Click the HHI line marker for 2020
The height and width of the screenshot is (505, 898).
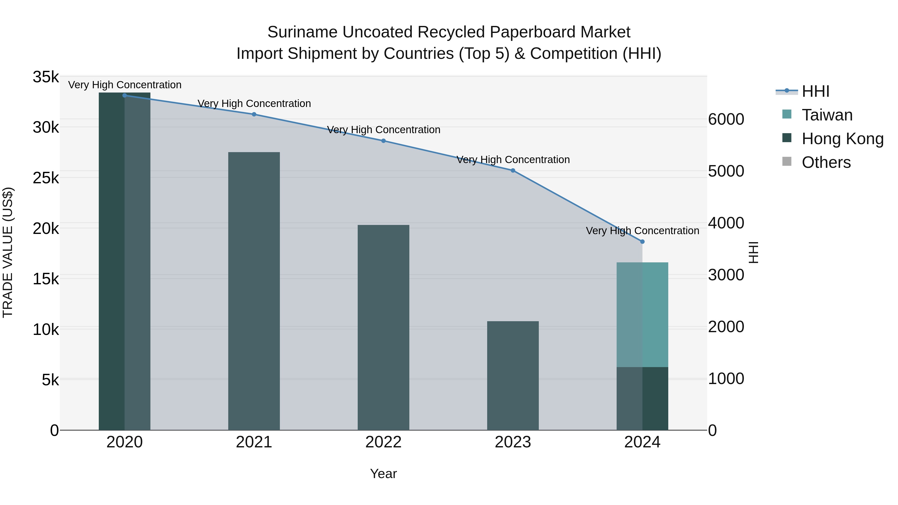(124, 96)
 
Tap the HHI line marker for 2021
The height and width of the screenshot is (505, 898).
(254, 114)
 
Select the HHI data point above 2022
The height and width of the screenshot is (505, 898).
(383, 141)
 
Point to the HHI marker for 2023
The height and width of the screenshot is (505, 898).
(513, 170)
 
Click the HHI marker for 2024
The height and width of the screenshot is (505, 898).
(643, 241)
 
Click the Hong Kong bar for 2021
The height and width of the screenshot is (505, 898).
(254, 291)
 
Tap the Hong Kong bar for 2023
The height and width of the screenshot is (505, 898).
(513, 376)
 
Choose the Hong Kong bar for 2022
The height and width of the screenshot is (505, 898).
(383, 328)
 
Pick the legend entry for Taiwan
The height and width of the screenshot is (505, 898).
(827, 115)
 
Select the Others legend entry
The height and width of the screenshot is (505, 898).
(826, 162)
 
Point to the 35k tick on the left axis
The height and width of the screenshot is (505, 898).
(46, 77)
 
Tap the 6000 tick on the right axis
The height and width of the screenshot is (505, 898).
(726, 119)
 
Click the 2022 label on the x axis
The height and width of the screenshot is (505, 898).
(383, 442)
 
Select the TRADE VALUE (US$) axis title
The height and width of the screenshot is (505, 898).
(8, 253)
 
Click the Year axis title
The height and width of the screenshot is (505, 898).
(383, 474)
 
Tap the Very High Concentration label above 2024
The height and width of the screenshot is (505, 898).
(643, 231)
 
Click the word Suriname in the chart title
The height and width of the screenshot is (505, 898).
(302, 32)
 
